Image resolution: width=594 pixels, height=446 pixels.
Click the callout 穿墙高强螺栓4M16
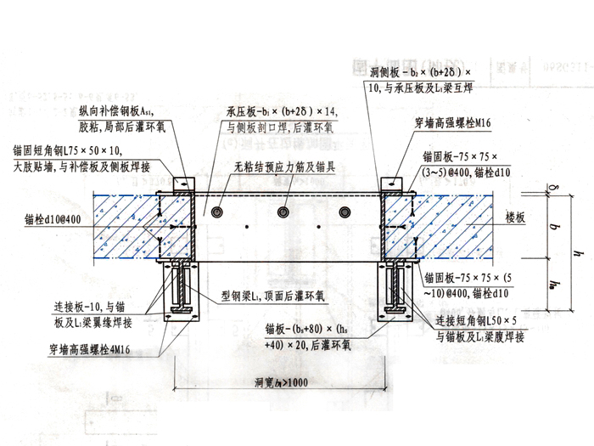94,347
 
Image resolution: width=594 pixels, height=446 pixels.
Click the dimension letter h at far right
578,251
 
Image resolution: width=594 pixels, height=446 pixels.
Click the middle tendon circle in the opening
282,210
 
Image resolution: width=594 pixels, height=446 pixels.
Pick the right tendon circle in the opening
344,210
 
